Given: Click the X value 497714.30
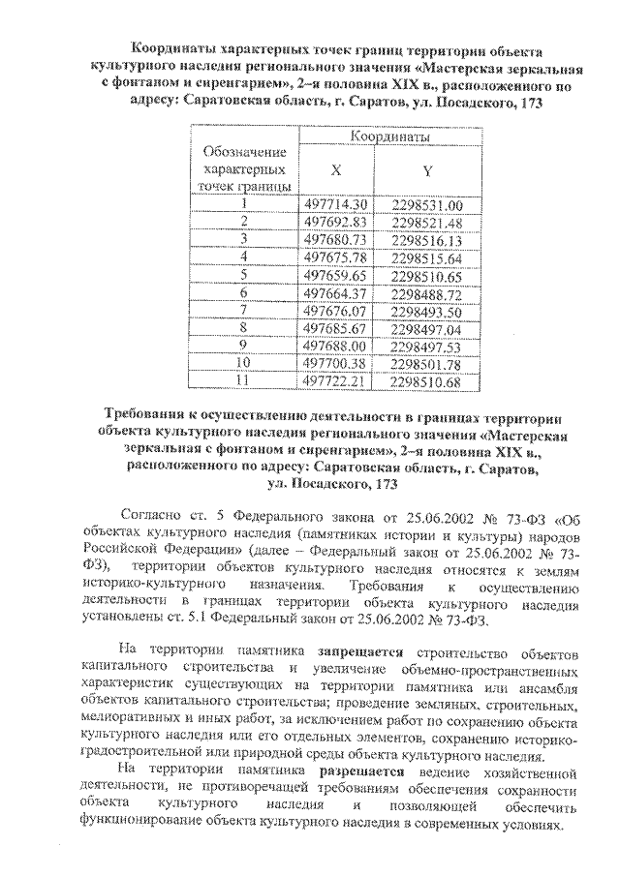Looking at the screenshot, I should (x=336, y=204).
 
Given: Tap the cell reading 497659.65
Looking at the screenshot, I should (x=336, y=275).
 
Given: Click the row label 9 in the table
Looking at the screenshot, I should (x=244, y=346).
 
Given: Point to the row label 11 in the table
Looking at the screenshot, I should (x=244, y=381).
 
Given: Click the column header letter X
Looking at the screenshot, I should (x=335, y=167).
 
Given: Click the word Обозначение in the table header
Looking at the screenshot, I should (x=244, y=152).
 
